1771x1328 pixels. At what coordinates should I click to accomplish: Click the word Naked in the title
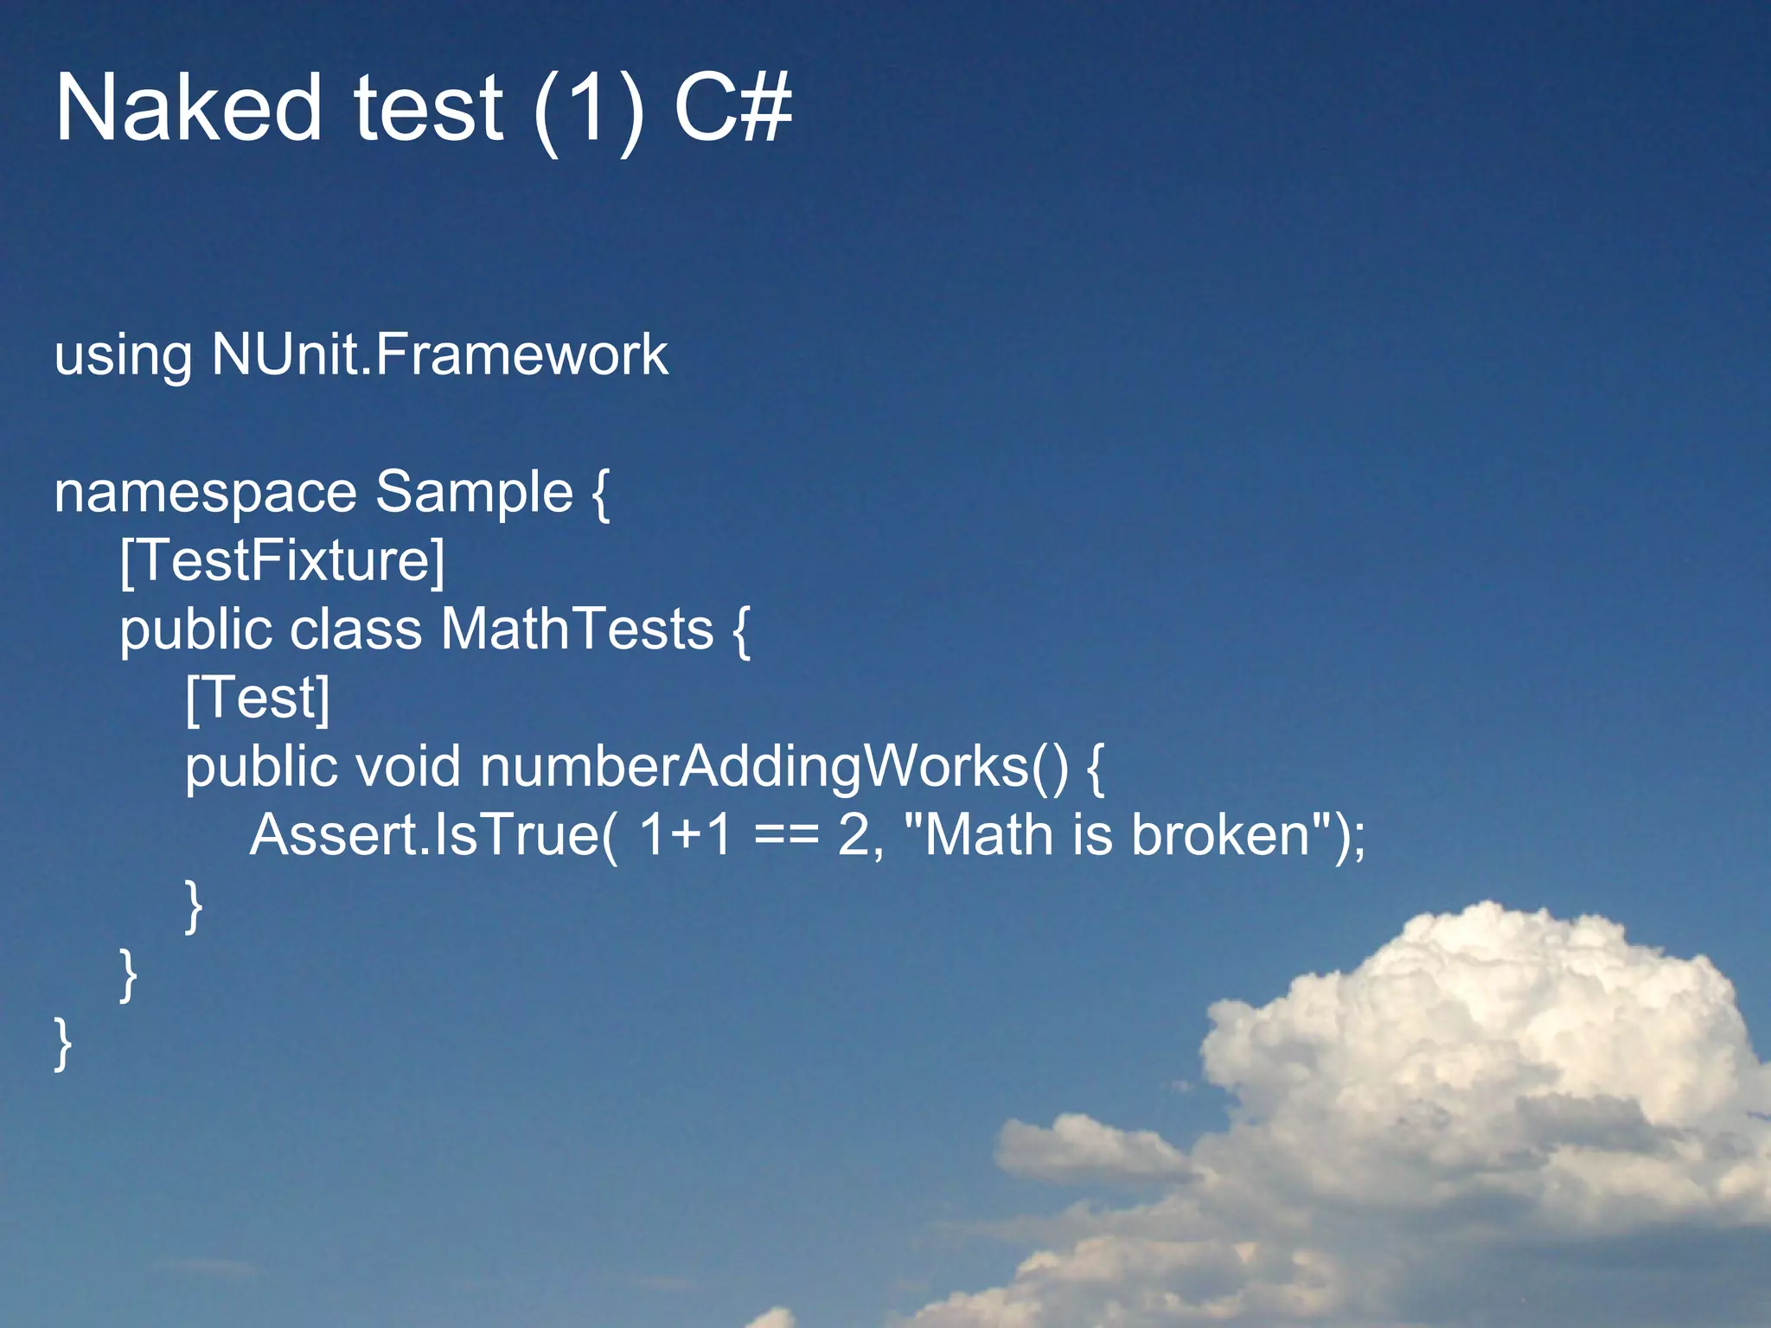point(189,108)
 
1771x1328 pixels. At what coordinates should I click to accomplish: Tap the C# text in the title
point(732,108)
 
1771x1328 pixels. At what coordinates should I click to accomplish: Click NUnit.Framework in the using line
point(439,354)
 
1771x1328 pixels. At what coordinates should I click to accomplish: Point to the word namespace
point(205,493)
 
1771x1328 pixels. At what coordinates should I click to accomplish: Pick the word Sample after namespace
point(474,493)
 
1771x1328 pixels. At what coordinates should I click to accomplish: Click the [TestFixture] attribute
point(282,561)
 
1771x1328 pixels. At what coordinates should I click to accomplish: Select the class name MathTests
point(577,629)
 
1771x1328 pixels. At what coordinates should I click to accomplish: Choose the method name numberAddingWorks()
point(774,767)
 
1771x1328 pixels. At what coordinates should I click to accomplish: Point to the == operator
point(786,837)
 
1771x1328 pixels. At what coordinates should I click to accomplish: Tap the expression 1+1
point(685,835)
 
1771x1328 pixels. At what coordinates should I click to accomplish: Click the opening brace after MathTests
point(741,631)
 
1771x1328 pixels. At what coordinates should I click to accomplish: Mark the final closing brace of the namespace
point(62,1044)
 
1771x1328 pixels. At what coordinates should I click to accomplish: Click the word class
point(355,629)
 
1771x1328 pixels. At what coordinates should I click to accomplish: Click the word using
point(123,356)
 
